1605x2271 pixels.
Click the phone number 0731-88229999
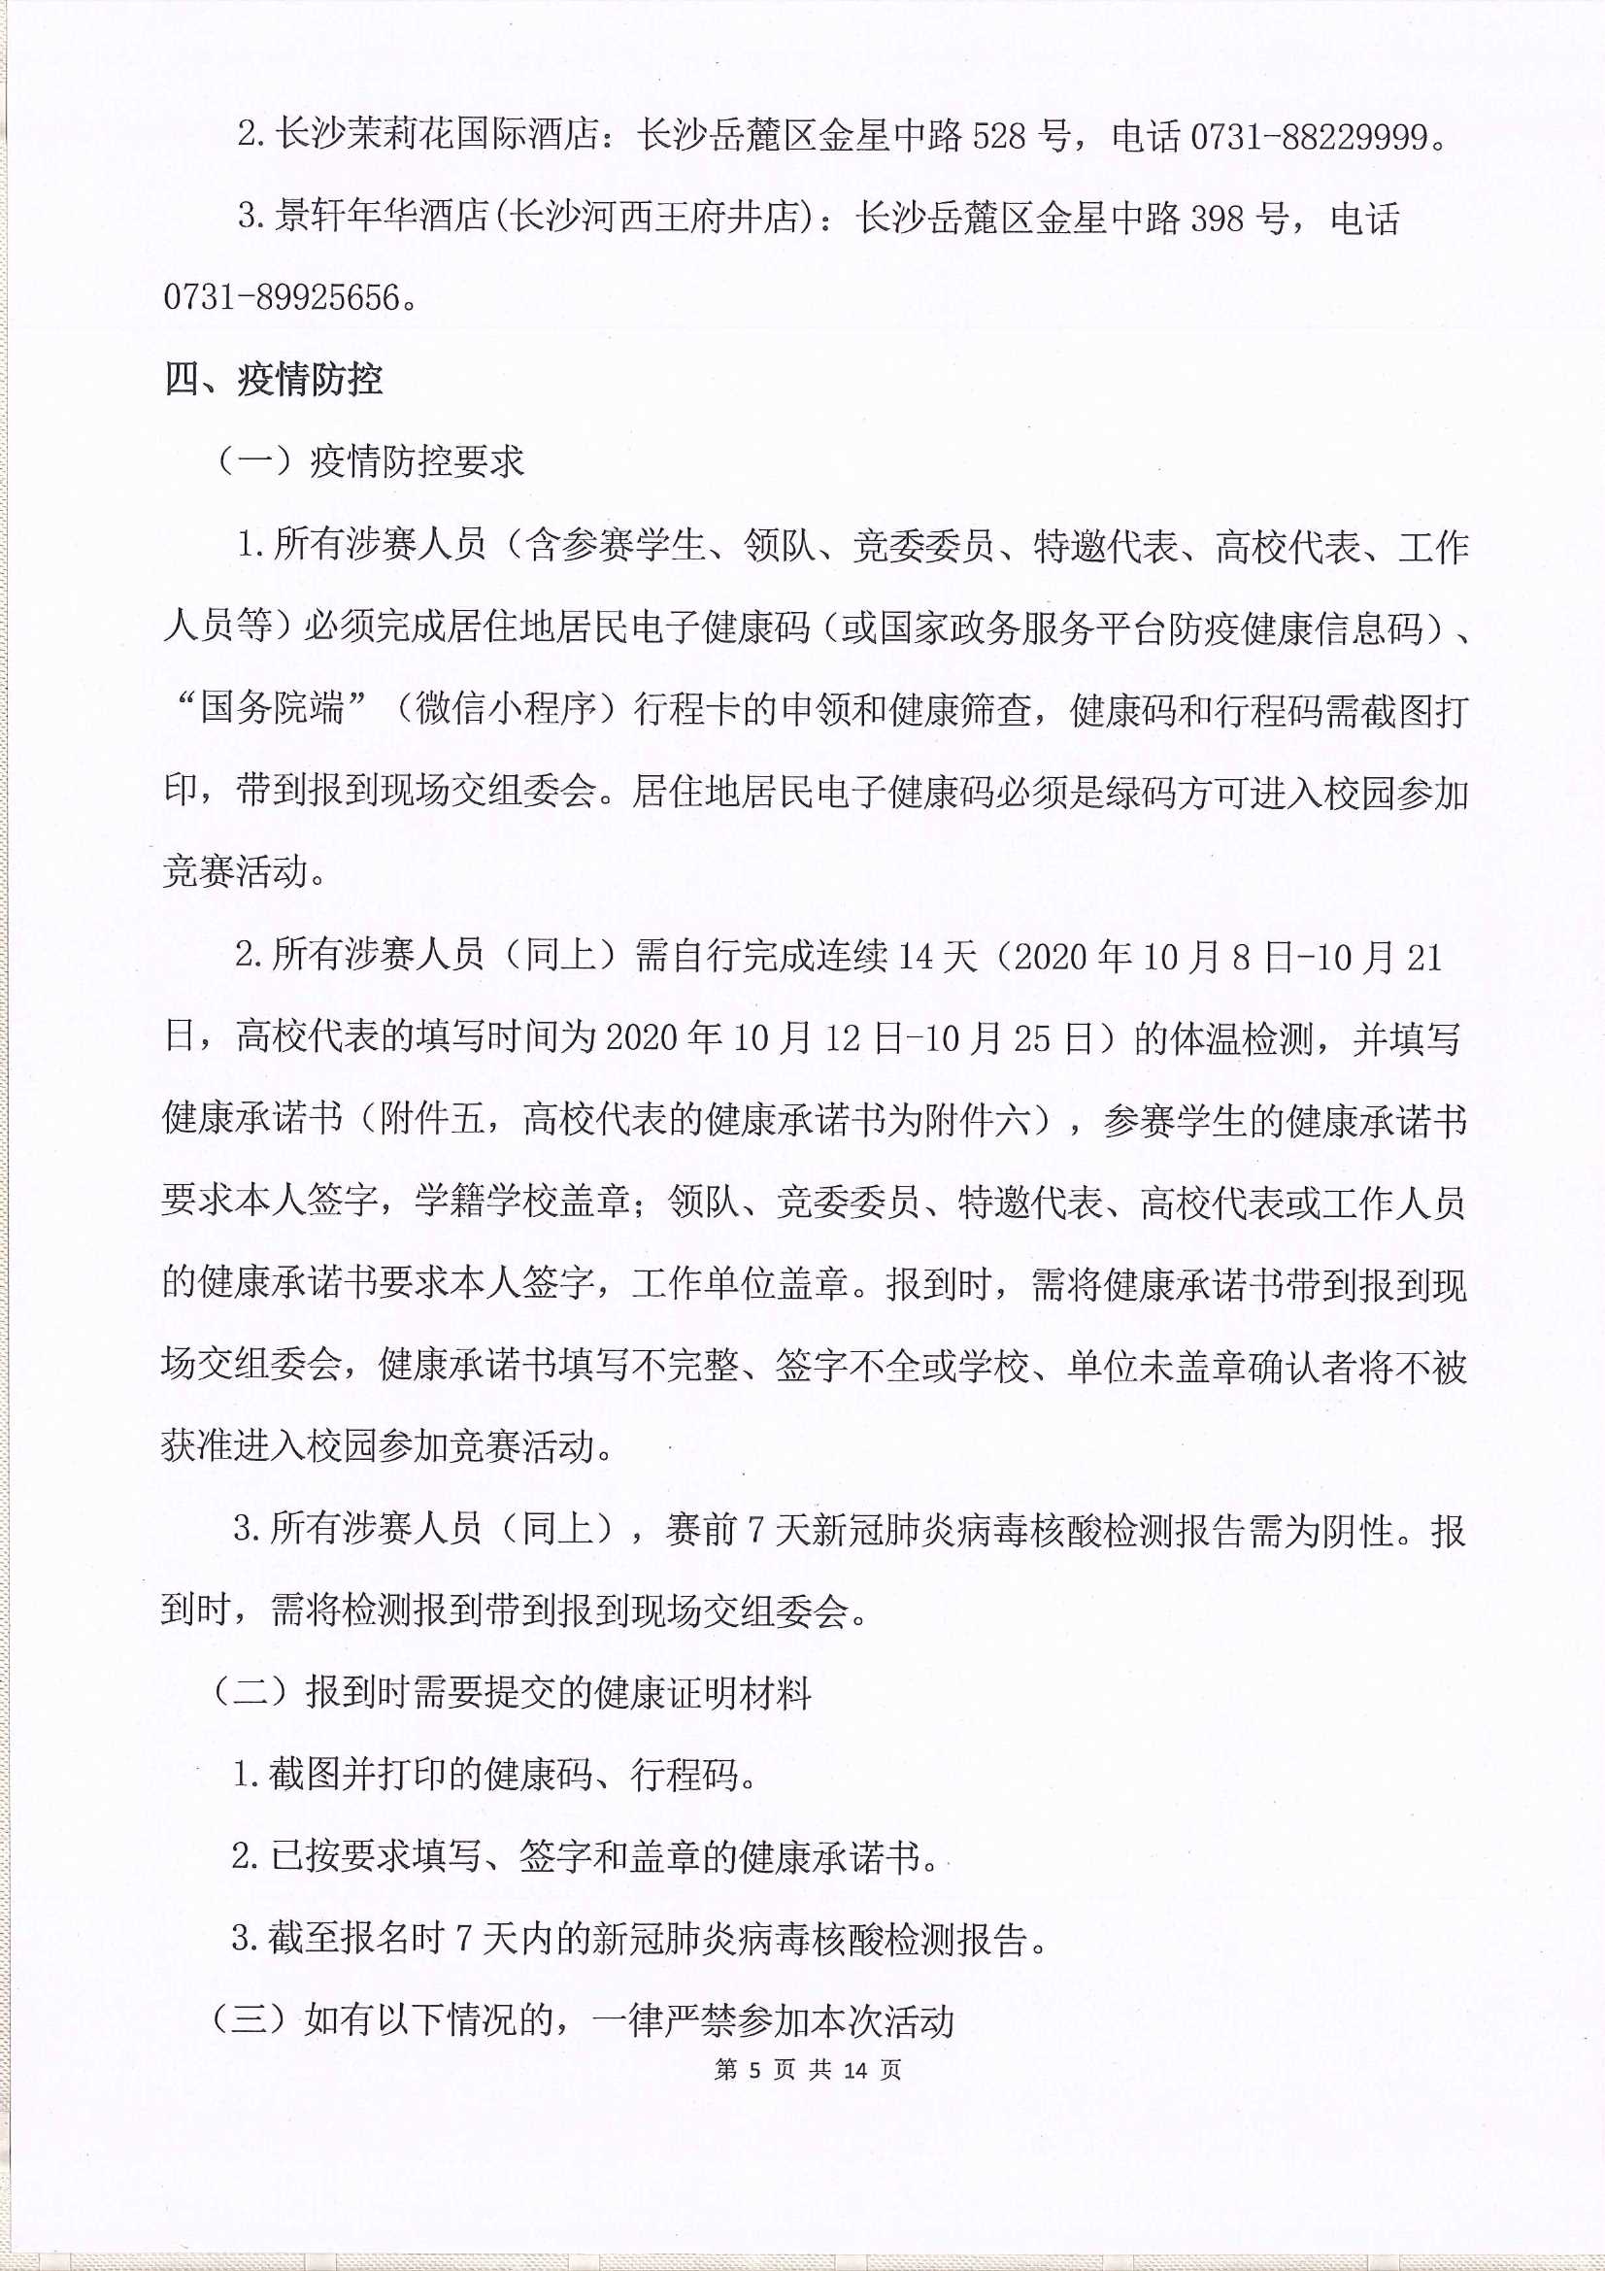point(1309,137)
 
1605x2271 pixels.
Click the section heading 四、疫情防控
point(274,380)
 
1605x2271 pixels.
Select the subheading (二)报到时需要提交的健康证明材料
point(511,1694)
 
